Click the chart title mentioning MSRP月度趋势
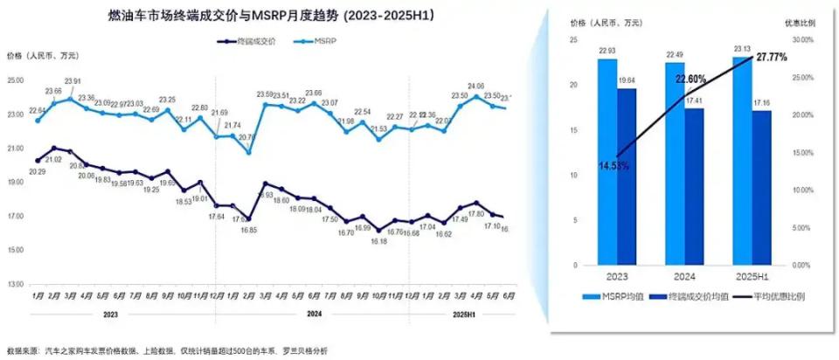tap(271, 16)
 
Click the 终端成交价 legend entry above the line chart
tap(254, 41)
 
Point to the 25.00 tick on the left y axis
tap(14, 80)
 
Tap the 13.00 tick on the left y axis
tap(14, 285)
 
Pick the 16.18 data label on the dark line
tap(378, 240)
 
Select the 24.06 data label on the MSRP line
tap(476, 86)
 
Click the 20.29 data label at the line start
tap(37, 172)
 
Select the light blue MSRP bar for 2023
tap(607, 162)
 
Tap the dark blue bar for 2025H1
tap(761, 187)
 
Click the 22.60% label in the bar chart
tap(690, 79)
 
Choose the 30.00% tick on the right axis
tap(802, 39)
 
